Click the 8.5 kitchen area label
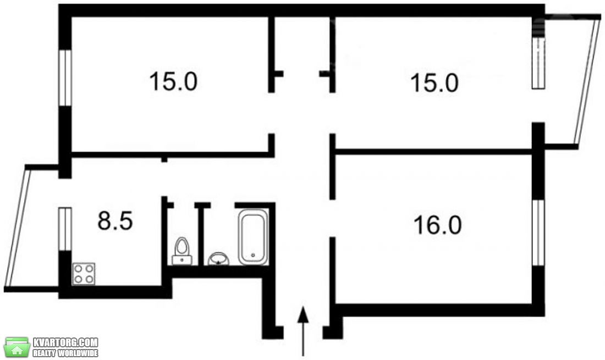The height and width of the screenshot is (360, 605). click(115, 221)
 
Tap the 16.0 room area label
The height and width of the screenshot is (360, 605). click(438, 225)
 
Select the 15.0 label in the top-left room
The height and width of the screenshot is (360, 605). click(173, 81)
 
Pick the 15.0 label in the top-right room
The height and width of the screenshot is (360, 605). click(435, 83)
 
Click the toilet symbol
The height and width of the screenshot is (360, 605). click(182, 251)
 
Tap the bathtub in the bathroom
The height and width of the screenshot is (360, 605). click(253, 237)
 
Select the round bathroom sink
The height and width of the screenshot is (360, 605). click(218, 259)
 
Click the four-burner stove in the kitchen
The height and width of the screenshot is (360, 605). click(84, 274)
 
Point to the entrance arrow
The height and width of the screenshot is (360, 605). click(303, 331)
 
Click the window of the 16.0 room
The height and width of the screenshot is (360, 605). click(538, 233)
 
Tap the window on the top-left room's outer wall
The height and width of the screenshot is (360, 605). click(65, 77)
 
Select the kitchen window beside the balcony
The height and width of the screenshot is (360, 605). click(65, 229)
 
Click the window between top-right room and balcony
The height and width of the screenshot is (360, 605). click(538, 63)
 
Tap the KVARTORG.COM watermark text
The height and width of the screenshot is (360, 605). click(65, 342)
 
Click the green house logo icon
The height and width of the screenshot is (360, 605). click(17, 346)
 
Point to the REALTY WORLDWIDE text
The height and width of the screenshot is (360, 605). click(65, 353)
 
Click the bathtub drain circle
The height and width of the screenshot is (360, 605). click(253, 255)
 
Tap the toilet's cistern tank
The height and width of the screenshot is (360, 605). click(182, 260)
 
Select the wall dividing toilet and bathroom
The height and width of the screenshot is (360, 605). click(201, 234)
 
